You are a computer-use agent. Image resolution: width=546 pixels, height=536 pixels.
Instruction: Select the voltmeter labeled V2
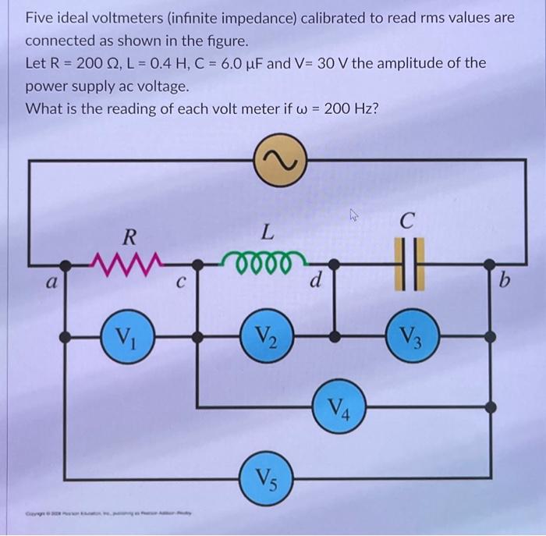pyautogui.click(x=267, y=338)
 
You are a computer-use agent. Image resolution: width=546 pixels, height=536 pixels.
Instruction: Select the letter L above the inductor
pyautogui.click(x=267, y=231)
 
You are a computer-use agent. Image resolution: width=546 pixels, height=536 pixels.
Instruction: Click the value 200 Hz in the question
pyautogui.click(x=346, y=108)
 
